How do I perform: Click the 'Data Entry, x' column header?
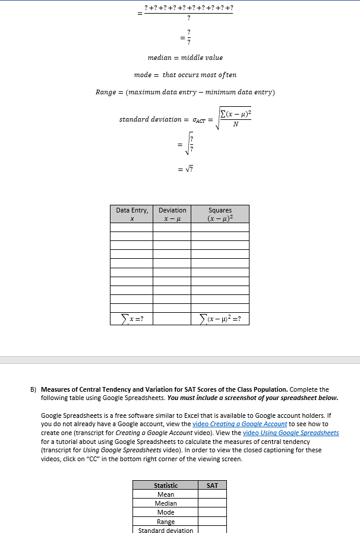click(132, 214)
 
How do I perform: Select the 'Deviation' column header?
click(172, 214)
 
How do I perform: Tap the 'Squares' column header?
click(220, 214)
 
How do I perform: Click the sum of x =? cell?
click(132, 319)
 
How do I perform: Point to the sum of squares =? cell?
click(220, 319)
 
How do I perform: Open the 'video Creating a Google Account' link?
click(240, 424)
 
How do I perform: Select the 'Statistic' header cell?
click(166, 486)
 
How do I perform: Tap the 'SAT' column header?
click(212, 486)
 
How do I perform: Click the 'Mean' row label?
click(166, 494)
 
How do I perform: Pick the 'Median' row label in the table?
click(166, 503)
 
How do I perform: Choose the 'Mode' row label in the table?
click(166, 512)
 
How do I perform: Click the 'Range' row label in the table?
click(166, 522)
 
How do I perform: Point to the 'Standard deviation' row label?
click(166, 530)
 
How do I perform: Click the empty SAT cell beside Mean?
click(212, 494)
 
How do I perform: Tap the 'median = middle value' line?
click(185, 58)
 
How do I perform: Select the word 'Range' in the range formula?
click(105, 92)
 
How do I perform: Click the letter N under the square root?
click(235, 125)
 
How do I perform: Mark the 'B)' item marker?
click(34, 390)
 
